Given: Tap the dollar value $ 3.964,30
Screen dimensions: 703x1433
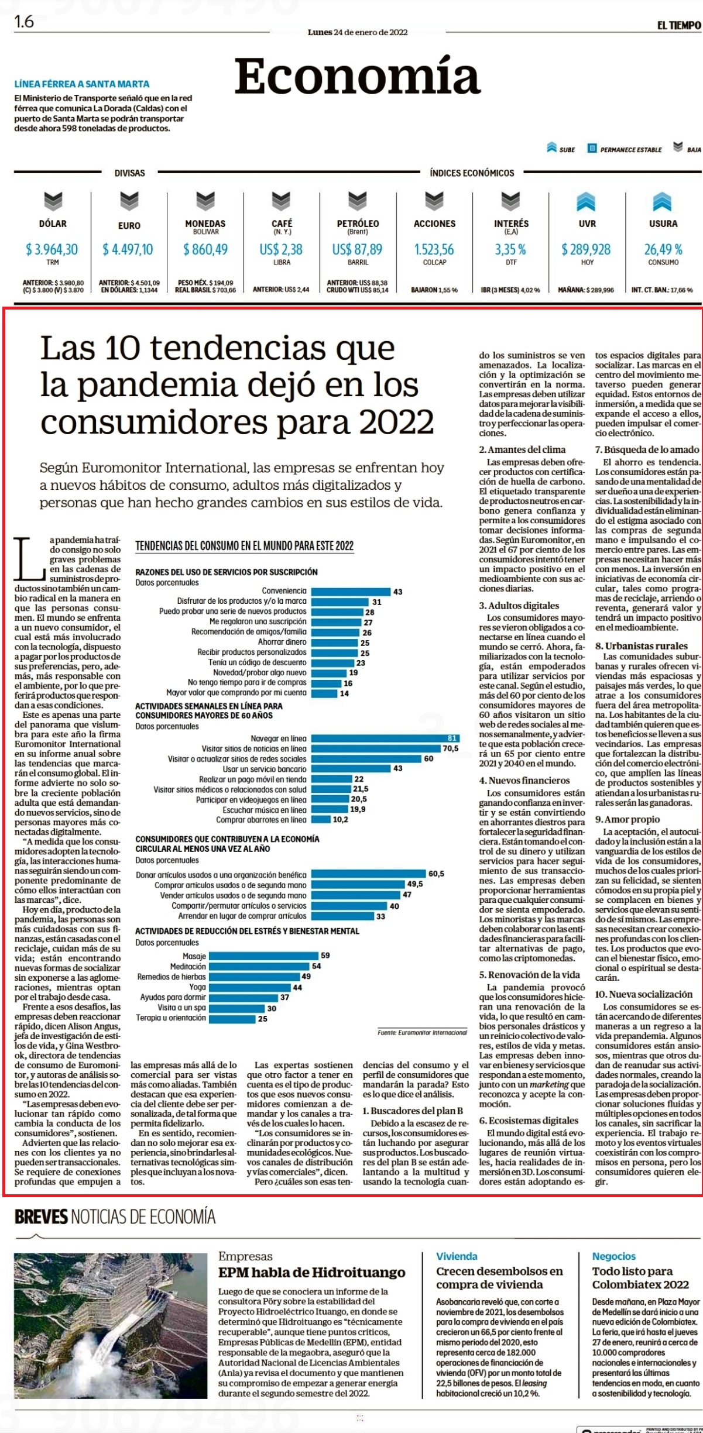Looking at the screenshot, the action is point(52,249).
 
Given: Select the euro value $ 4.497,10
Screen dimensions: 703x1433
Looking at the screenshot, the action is point(128,250).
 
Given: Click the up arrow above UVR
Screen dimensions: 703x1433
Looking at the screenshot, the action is point(586,201).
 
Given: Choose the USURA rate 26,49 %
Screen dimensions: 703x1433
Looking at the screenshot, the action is point(663,249).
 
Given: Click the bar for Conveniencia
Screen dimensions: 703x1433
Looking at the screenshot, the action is point(351,592).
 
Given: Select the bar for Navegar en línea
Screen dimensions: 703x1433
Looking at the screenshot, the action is point(385,738).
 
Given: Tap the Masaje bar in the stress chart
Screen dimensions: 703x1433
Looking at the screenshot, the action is point(264,956).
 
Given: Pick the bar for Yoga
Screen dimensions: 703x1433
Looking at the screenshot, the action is point(250,987).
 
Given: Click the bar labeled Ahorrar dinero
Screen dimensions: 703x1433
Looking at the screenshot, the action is point(334,642).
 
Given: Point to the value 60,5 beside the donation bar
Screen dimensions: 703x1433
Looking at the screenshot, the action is point(436,874).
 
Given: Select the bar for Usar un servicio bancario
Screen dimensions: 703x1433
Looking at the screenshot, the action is point(351,769).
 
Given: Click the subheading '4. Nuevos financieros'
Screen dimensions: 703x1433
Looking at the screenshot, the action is point(524,781).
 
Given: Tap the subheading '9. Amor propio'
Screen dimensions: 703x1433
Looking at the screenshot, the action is point(627,820).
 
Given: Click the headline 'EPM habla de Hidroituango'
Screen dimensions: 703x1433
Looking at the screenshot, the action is point(311,1273).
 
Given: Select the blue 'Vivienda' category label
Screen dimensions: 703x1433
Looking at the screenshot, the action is point(457,1256).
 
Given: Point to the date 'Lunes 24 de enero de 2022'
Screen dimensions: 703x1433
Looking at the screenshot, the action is point(358,32).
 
